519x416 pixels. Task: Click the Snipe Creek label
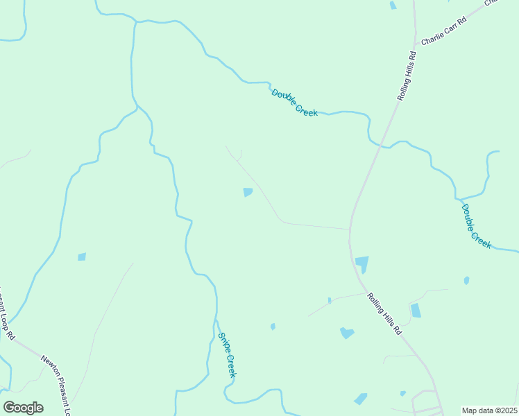point(227,355)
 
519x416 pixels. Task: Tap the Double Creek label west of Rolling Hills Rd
point(294,103)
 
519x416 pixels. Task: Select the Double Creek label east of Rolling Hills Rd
point(476,226)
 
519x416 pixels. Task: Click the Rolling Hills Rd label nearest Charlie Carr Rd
point(407,76)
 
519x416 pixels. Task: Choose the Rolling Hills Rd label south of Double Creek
point(384,314)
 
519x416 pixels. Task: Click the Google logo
point(23,408)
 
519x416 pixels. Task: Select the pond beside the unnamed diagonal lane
point(248,192)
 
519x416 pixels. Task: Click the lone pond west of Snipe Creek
point(82,257)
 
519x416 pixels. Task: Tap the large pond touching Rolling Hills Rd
point(362,263)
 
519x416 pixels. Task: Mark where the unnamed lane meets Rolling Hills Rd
point(350,229)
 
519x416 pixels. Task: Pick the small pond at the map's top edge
point(393,6)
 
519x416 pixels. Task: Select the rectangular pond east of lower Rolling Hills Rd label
point(416,311)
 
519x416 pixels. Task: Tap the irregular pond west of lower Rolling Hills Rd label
point(346,333)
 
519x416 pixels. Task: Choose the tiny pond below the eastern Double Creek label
point(466,281)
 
